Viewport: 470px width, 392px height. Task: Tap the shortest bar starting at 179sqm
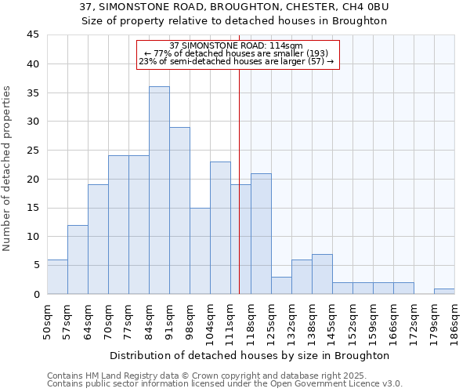pyautogui.click(x=444, y=291)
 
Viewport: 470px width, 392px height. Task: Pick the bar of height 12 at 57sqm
pyautogui.click(x=78, y=260)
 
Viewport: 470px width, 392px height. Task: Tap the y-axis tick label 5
pyautogui.click(x=35, y=265)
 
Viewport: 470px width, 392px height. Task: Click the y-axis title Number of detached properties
pyautogui.click(x=8, y=168)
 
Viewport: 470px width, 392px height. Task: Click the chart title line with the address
pyautogui.click(x=235, y=7)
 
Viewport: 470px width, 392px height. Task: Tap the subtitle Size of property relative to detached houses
pyautogui.click(x=235, y=20)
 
